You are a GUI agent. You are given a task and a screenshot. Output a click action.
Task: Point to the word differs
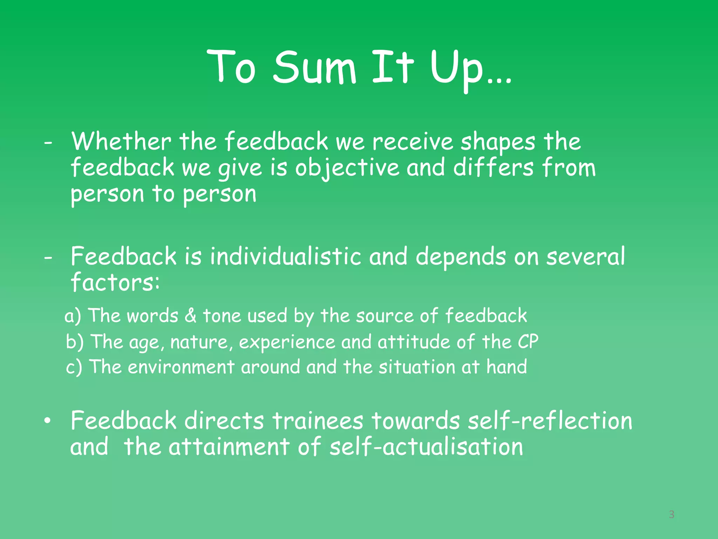pyautogui.click(x=493, y=167)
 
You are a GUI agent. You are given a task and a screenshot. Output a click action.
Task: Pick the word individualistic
pyautogui.click(x=285, y=256)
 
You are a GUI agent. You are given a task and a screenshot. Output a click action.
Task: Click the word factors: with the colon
pyautogui.click(x=115, y=282)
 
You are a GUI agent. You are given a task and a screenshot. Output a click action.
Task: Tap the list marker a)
pyautogui.click(x=73, y=316)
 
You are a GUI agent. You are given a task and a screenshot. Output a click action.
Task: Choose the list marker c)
pyautogui.click(x=74, y=367)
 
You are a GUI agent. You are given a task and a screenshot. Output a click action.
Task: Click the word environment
pyautogui.click(x=181, y=367)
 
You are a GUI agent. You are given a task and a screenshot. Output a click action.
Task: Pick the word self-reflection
pyautogui.click(x=550, y=421)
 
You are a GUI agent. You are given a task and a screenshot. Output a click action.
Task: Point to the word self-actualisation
pyautogui.click(x=426, y=447)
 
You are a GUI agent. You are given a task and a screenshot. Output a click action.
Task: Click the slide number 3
pyautogui.click(x=671, y=514)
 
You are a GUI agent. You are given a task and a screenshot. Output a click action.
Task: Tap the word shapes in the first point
pyautogui.click(x=498, y=142)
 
